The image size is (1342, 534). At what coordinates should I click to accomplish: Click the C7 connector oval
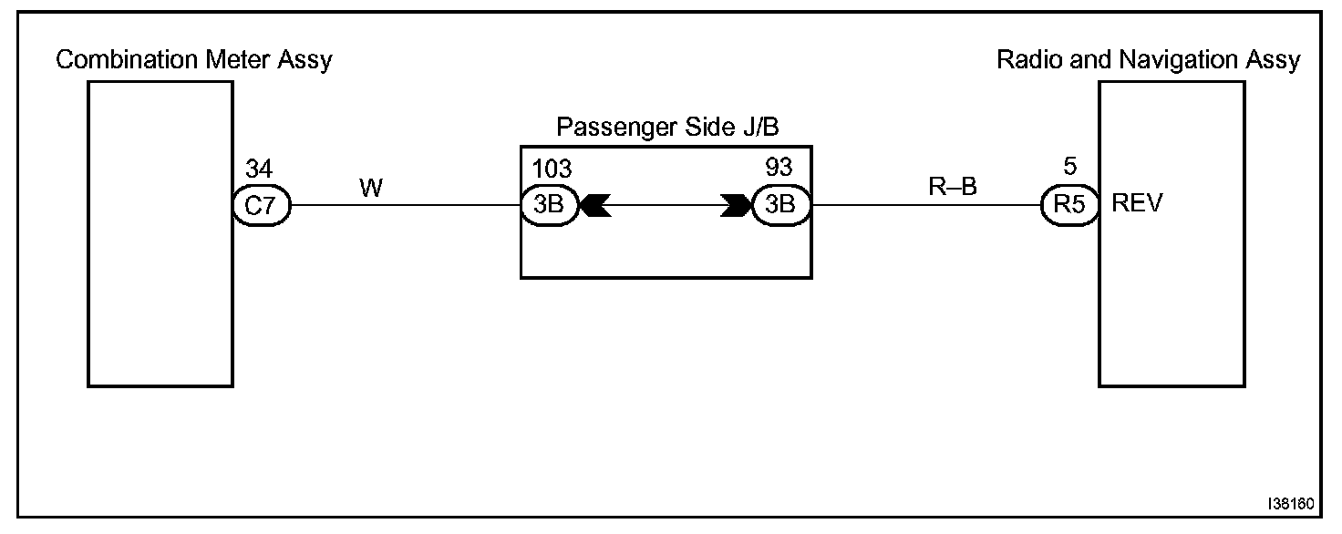point(262,205)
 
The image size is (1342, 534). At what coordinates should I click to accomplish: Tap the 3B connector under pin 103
point(549,205)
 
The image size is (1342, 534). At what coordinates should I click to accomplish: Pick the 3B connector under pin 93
point(780,205)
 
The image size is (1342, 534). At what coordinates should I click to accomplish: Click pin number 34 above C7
point(259,169)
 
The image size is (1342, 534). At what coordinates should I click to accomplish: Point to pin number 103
point(552,169)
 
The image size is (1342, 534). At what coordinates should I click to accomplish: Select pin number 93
point(779,169)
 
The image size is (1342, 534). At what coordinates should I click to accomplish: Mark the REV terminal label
point(1138,205)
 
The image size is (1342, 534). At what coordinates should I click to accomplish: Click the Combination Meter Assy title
point(194,61)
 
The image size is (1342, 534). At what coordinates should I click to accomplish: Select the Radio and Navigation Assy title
point(1149,61)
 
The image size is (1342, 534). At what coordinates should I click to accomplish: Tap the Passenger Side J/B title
point(667,127)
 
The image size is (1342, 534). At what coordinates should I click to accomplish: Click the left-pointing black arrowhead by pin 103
point(595,206)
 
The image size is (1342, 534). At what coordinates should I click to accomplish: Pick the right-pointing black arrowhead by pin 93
point(735,206)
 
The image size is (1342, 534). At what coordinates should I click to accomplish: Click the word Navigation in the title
point(1175,61)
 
